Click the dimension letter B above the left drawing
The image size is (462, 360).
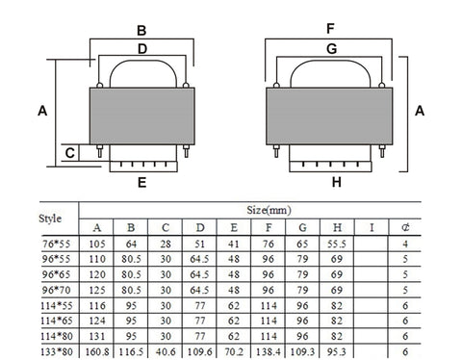141,29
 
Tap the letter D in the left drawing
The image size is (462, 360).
141,47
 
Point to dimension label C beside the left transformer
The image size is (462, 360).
68,152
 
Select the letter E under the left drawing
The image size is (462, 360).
141,181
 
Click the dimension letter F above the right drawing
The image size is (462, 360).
330,29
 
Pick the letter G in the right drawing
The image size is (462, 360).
330,47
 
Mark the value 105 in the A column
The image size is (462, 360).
96,244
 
